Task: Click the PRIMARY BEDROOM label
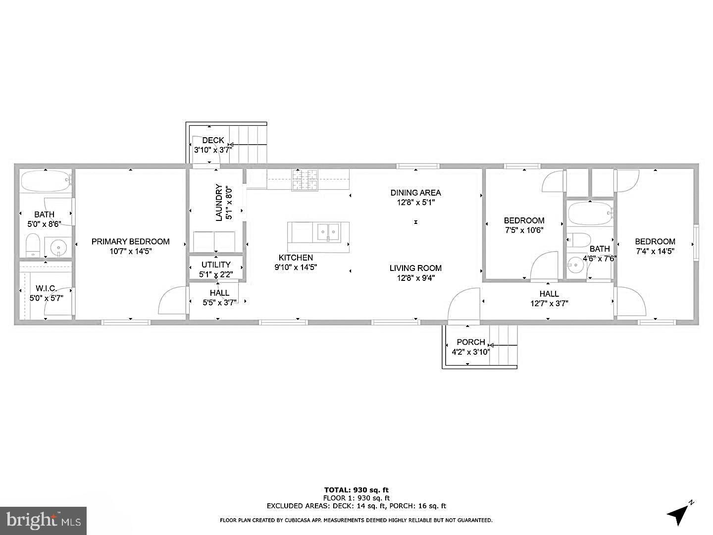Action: click(x=130, y=242)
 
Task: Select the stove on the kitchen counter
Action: click(x=305, y=180)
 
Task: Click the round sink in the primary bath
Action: click(x=59, y=246)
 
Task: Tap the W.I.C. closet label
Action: click(x=46, y=288)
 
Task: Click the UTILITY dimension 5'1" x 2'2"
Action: click(x=216, y=274)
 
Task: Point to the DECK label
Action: click(x=213, y=140)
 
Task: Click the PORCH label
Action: click(x=470, y=342)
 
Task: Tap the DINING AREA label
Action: click(x=415, y=193)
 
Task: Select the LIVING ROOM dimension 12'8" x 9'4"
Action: click(x=415, y=278)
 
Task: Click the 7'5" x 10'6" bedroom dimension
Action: click(x=524, y=230)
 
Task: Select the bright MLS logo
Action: click(x=44, y=520)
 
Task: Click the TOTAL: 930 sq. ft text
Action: click(x=356, y=490)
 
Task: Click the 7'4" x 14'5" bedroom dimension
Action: click(x=655, y=251)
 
